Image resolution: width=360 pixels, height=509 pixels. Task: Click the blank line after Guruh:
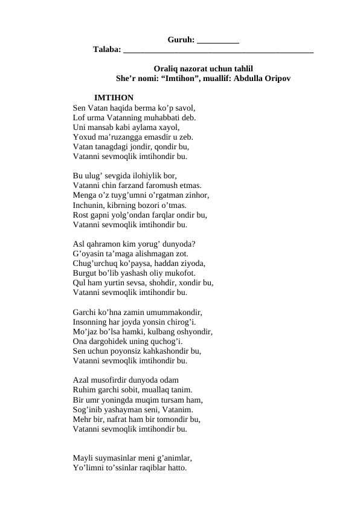[x=218, y=41]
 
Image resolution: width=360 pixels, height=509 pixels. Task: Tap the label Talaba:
[x=106, y=50]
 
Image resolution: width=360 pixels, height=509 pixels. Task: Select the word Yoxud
[x=84, y=137]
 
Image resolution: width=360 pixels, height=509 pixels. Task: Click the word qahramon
[x=105, y=244]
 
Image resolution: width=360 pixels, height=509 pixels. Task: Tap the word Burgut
[x=86, y=273]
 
